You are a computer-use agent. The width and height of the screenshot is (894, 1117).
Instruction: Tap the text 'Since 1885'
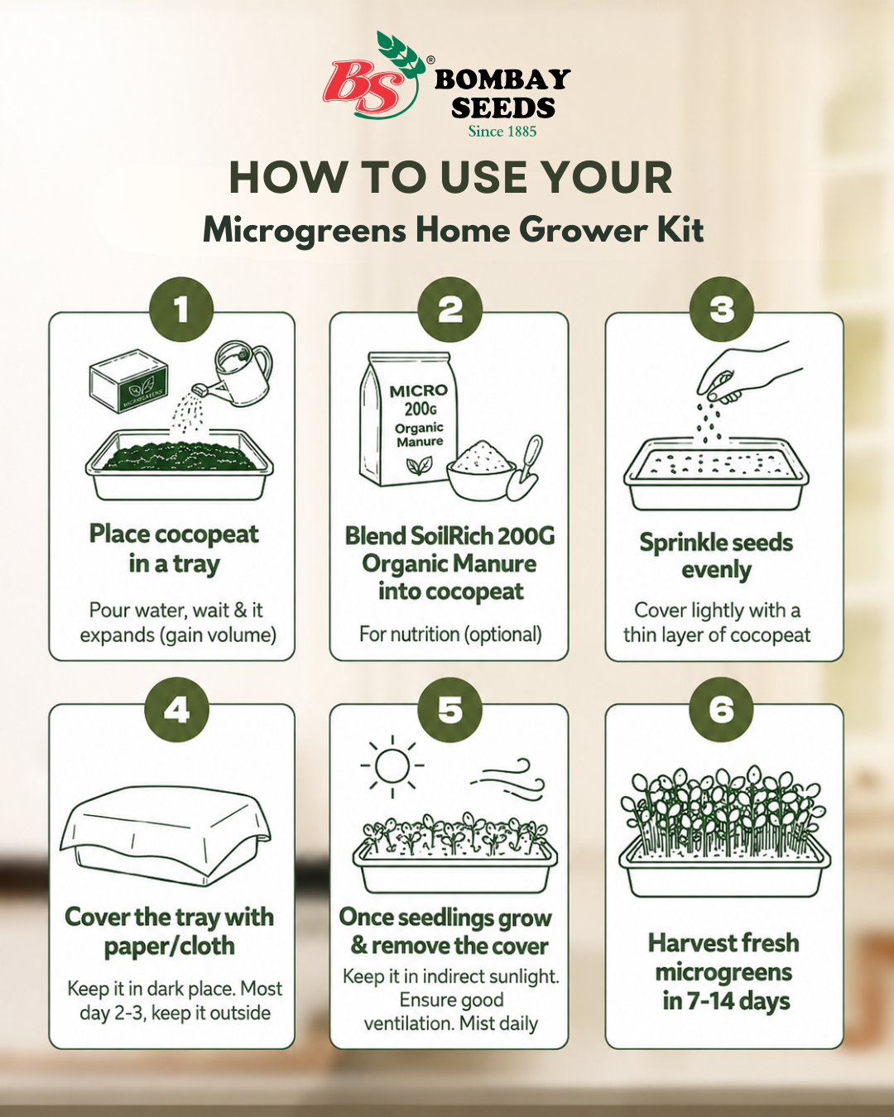[x=502, y=132]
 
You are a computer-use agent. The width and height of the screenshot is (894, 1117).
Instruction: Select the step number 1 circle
[x=181, y=310]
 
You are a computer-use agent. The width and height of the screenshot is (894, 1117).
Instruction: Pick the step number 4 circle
[x=176, y=709]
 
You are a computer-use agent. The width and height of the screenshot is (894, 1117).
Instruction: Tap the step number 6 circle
[x=722, y=709]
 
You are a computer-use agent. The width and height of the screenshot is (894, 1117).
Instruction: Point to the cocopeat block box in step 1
[x=129, y=381]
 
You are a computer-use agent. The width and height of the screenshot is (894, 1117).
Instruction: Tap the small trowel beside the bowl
[x=525, y=468]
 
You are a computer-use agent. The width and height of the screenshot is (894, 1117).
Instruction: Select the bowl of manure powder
[x=481, y=471]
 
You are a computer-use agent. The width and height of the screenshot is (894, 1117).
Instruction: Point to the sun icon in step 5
[x=392, y=766]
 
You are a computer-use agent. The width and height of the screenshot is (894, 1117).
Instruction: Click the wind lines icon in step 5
[x=508, y=779]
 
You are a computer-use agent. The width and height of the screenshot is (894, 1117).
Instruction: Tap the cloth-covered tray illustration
[x=166, y=835]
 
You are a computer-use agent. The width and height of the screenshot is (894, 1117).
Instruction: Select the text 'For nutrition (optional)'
[x=450, y=635]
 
